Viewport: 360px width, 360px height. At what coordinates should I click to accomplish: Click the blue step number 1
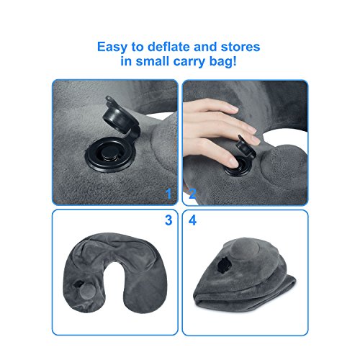pos(168,192)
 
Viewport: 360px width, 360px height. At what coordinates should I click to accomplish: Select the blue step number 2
pos(192,192)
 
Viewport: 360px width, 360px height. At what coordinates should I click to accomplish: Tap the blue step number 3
pos(168,220)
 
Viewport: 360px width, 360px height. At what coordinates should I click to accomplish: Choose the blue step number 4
pos(192,220)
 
